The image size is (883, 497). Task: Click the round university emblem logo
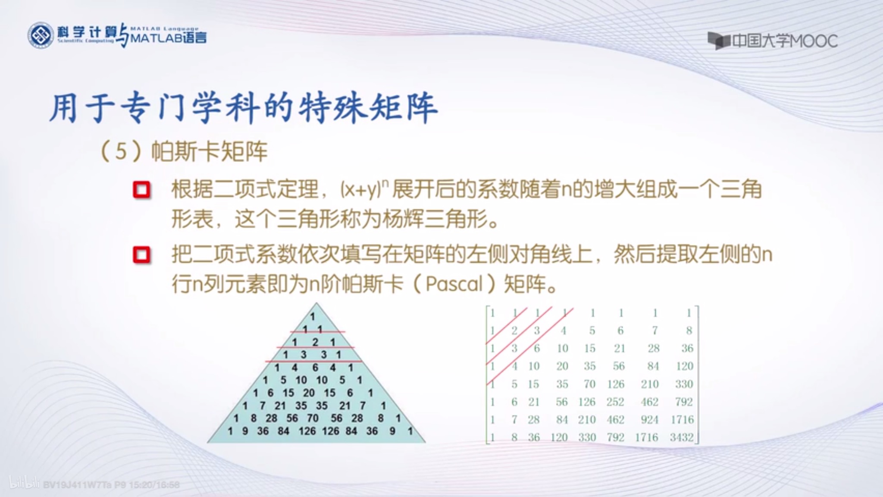(x=41, y=35)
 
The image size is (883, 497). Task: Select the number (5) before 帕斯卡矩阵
(x=121, y=151)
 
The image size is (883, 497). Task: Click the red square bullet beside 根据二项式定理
(x=141, y=190)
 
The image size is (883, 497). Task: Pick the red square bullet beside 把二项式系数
(x=141, y=255)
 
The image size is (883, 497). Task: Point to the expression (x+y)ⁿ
(x=364, y=190)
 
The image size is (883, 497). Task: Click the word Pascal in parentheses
(x=454, y=284)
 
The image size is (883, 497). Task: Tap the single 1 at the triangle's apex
(x=313, y=316)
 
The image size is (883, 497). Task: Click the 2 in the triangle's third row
(x=315, y=342)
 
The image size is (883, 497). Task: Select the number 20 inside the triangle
(x=309, y=393)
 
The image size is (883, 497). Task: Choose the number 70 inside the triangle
(x=313, y=418)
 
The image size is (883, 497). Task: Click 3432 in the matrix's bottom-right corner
(x=681, y=437)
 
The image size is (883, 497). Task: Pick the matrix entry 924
(x=649, y=420)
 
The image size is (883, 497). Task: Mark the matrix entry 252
(x=615, y=402)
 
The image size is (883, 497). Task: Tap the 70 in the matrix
(x=589, y=384)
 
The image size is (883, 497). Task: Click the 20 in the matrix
(x=562, y=366)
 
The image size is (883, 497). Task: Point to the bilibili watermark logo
(x=24, y=484)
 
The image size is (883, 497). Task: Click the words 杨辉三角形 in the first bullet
(x=435, y=219)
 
